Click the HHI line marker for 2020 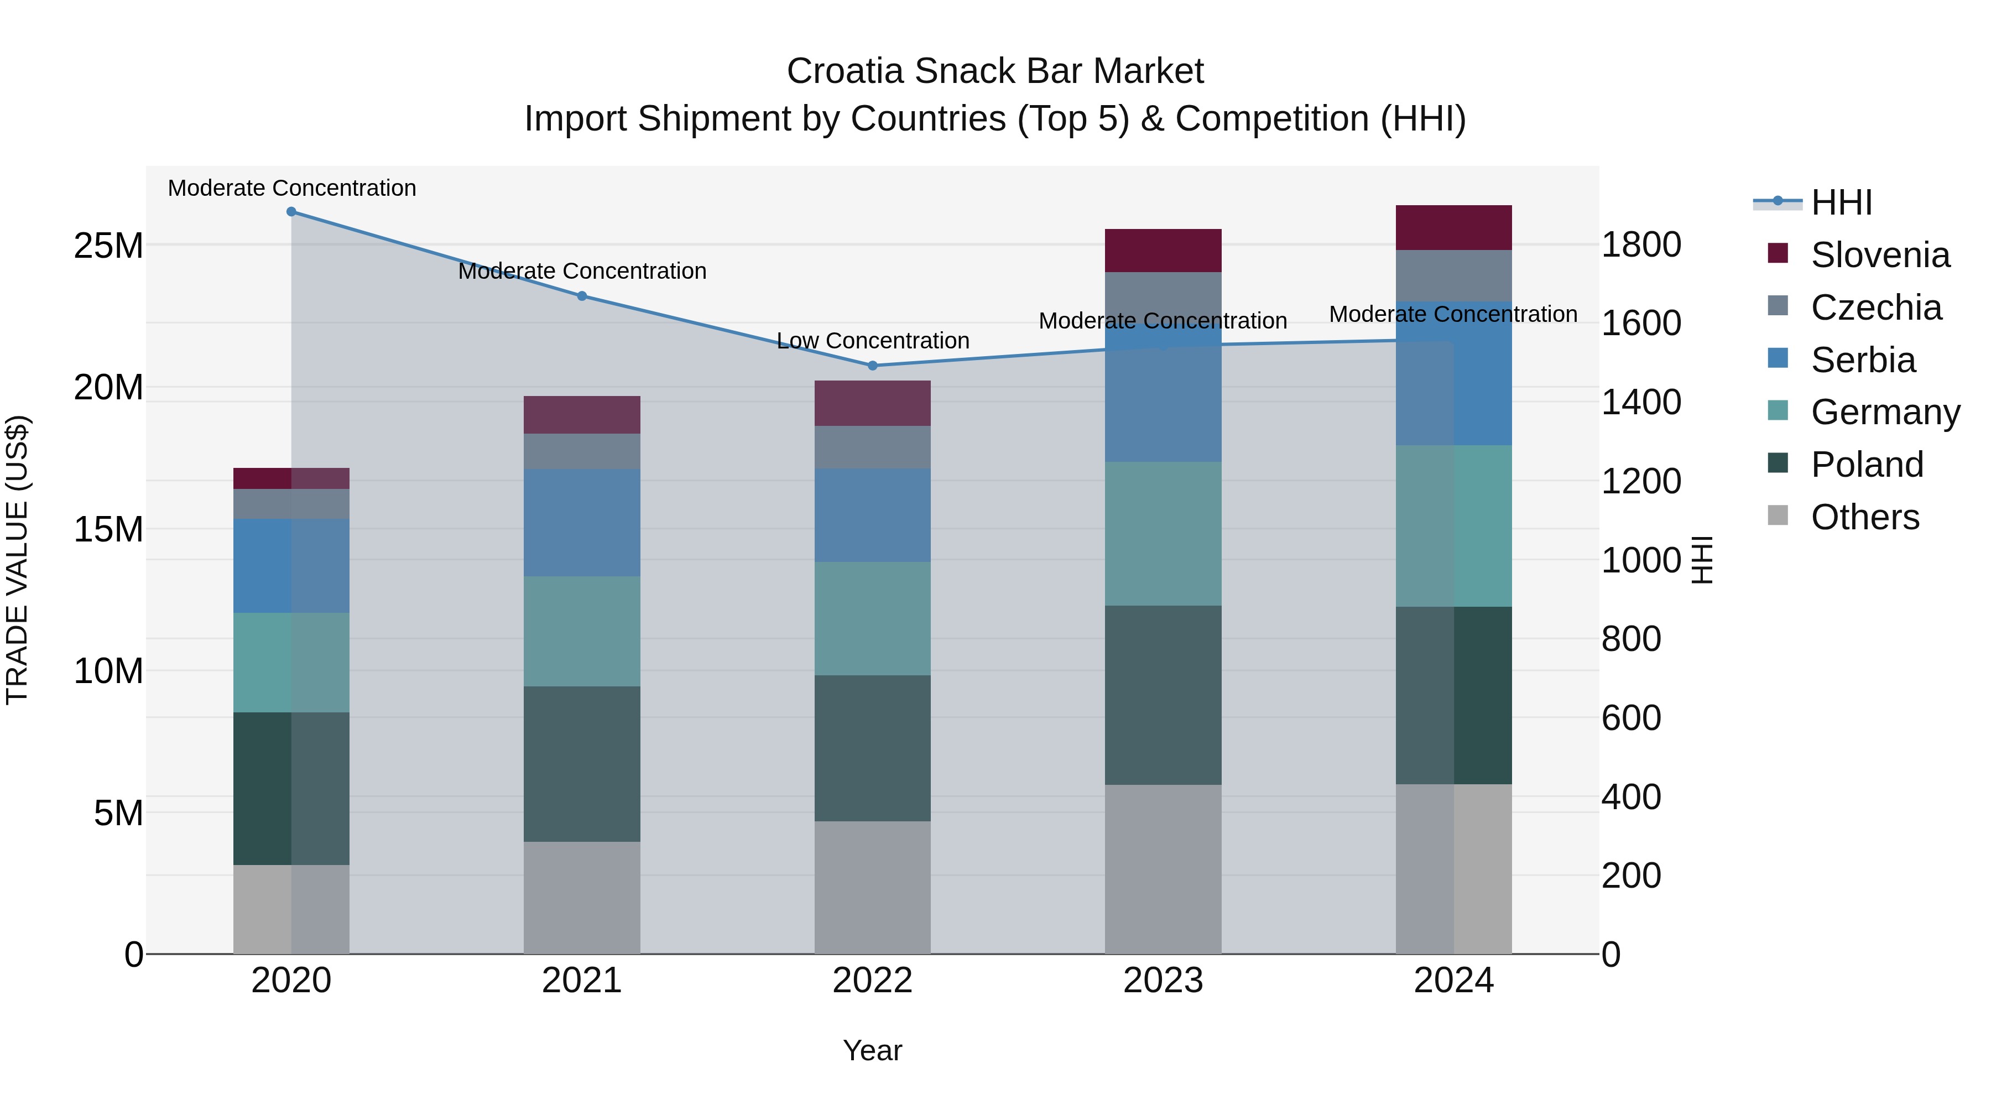(x=291, y=212)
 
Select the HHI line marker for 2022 (x=873, y=366)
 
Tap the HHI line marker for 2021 (x=582, y=296)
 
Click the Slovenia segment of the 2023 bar (x=1163, y=251)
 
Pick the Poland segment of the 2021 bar (x=582, y=764)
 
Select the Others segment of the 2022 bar (x=873, y=887)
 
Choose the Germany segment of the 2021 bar (x=582, y=632)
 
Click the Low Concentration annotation (x=873, y=341)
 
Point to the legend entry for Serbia (x=1863, y=360)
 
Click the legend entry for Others (x=1864, y=517)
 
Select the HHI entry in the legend (x=1841, y=202)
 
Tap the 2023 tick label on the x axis (x=1163, y=981)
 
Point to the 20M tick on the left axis (x=108, y=387)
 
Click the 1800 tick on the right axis (x=1641, y=245)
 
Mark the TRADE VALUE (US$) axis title (x=17, y=560)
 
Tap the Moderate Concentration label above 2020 (x=291, y=188)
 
